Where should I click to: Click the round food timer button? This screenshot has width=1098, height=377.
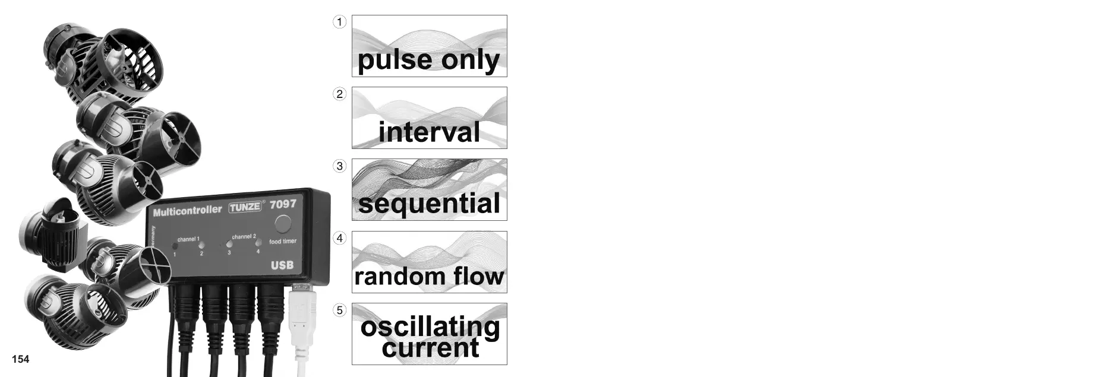point(283,224)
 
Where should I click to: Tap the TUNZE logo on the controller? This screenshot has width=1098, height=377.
point(245,207)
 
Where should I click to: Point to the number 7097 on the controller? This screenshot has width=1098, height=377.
point(283,204)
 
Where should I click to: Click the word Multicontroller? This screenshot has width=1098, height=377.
point(187,211)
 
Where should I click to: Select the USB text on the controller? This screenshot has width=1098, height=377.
point(282,265)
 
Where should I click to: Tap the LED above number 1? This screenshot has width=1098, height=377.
point(175,246)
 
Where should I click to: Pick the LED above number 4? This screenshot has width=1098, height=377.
point(258,242)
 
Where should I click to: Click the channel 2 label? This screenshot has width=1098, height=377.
point(244,236)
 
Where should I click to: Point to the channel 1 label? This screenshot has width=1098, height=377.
point(188,239)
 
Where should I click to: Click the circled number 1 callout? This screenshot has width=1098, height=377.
point(339,22)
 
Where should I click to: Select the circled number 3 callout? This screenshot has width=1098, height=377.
point(339,166)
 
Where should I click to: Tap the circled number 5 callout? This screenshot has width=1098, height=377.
point(339,310)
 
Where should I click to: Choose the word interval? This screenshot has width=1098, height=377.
point(429,132)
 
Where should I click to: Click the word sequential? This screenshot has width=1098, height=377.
point(429,204)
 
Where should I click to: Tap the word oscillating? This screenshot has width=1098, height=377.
point(430,327)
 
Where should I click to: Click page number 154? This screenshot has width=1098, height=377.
point(20,359)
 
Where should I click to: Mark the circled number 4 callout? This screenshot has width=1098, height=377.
point(339,238)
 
